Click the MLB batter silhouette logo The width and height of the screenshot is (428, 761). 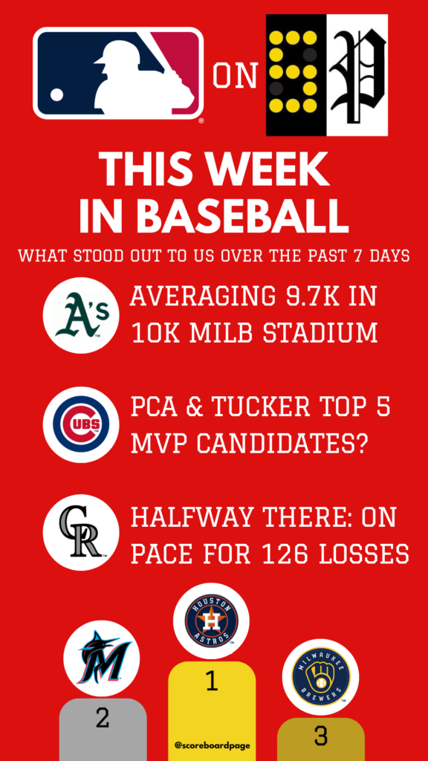tap(118, 73)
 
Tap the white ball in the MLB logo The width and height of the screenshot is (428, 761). tap(56, 94)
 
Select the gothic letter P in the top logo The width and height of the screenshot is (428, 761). tap(357, 75)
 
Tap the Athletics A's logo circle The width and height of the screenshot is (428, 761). tap(81, 315)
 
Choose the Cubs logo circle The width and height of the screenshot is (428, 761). tap(81, 424)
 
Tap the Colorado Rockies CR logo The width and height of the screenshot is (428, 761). tap(81, 532)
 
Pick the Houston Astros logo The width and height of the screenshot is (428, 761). tap(211, 621)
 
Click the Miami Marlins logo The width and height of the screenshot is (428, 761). tap(101, 658)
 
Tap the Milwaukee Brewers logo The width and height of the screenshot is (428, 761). tap(320, 677)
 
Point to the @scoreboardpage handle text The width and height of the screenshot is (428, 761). tap(212, 745)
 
